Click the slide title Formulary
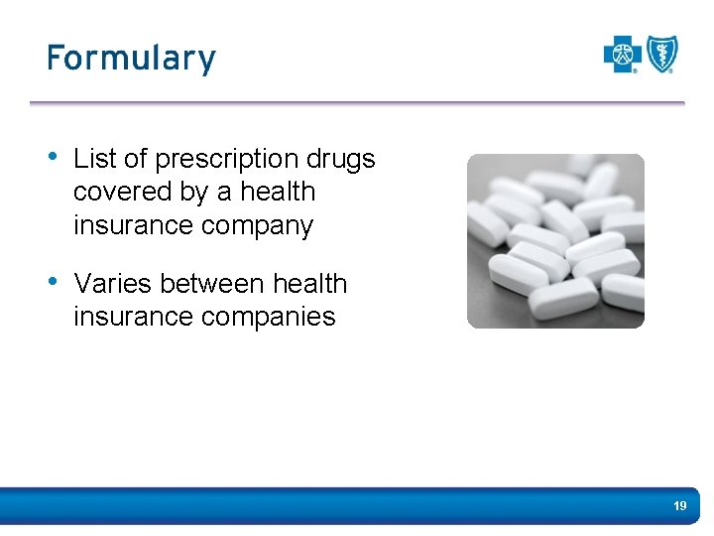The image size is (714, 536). point(131,59)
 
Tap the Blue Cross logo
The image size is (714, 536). point(623,55)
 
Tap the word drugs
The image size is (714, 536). point(340,159)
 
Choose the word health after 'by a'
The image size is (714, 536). point(278,192)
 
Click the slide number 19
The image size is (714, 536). point(679,506)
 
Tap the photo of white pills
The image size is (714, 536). point(555,241)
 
